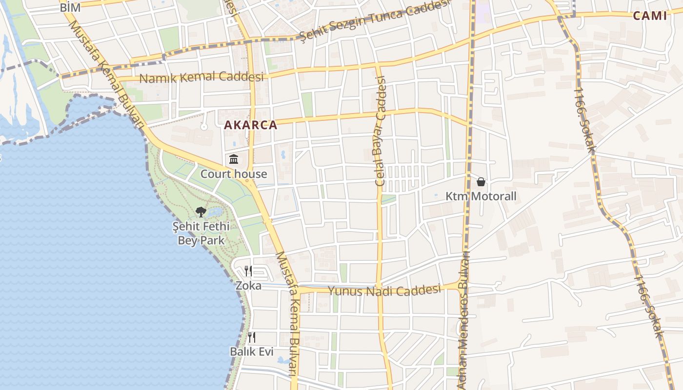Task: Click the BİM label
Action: (70, 8)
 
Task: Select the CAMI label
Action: (649, 16)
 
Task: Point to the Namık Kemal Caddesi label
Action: (201, 78)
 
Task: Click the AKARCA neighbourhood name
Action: (250, 125)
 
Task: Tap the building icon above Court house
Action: (234, 159)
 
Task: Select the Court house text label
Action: (234, 174)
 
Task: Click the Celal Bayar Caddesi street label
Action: (380, 131)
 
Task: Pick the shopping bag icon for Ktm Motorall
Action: (481, 182)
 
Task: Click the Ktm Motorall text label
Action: (481, 196)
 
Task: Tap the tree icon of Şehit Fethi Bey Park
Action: (201, 212)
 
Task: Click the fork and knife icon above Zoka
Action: (249, 271)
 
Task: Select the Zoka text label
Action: (248, 286)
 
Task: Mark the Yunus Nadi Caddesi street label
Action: (384, 291)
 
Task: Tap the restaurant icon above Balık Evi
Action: (252, 337)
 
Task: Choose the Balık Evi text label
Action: (252, 351)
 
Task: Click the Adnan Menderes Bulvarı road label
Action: (463, 322)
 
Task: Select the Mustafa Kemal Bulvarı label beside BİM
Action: (105, 73)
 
